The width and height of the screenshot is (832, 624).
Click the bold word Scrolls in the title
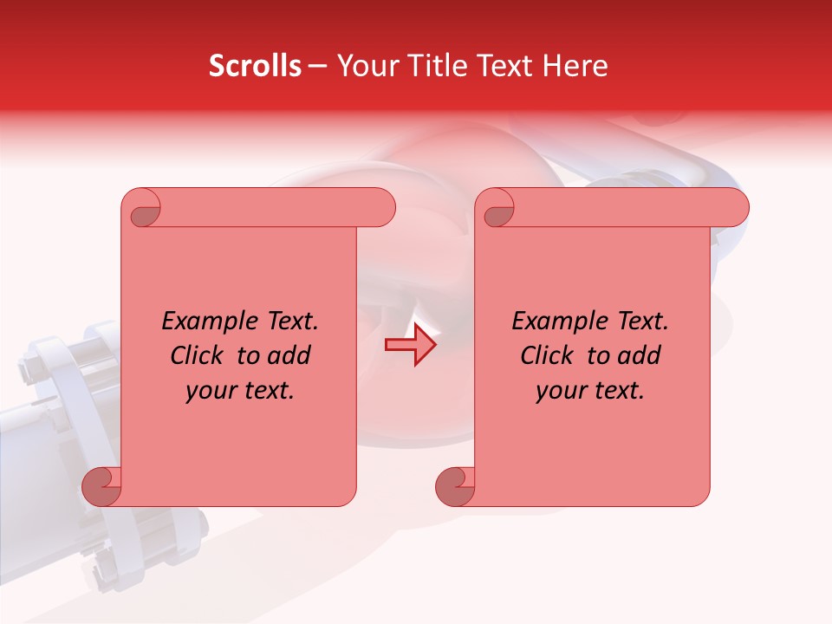pos(255,66)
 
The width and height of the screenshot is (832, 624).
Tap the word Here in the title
pos(575,66)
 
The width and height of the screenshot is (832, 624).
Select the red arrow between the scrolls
pos(410,345)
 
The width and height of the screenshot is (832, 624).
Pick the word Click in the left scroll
pos(198,355)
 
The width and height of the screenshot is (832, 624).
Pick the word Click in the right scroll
pos(548,355)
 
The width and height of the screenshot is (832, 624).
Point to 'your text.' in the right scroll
pos(590,390)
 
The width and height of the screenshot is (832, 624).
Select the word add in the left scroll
pos(289,355)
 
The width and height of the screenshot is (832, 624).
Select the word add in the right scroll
pos(640,355)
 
